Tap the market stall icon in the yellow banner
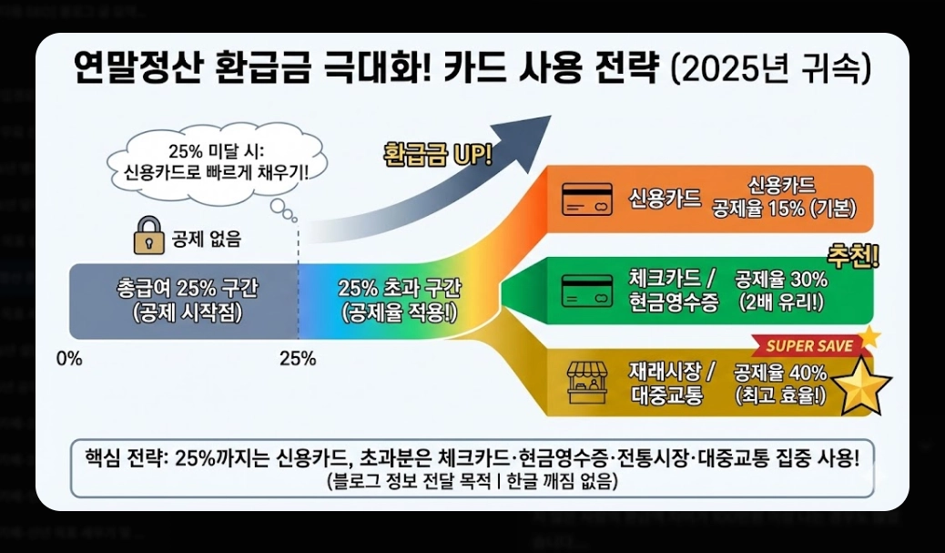click(588, 382)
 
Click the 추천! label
click(852, 255)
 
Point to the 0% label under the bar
click(69, 358)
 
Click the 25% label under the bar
click(298, 358)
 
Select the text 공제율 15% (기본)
click(784, 208)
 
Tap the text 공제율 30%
click(781, 279)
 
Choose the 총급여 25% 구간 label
click(188, 288)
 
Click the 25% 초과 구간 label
click(400, 288)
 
